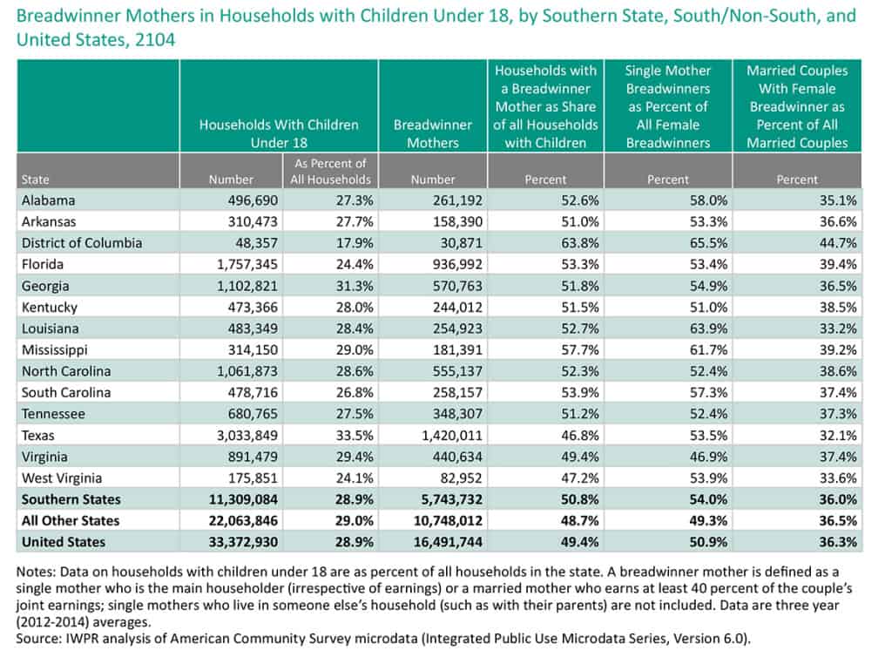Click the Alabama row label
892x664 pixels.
tap(49, 200)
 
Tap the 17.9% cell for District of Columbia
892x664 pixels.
tap(350, 243)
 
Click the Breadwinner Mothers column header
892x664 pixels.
tap(433, 133)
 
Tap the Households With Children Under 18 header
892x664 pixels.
tap(279, 133)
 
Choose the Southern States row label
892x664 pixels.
tap(71, 499)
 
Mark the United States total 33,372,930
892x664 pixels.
tap(226, 542)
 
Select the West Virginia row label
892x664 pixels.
tap(62, 478)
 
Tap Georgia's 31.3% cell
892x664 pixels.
tap(350, 286)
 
